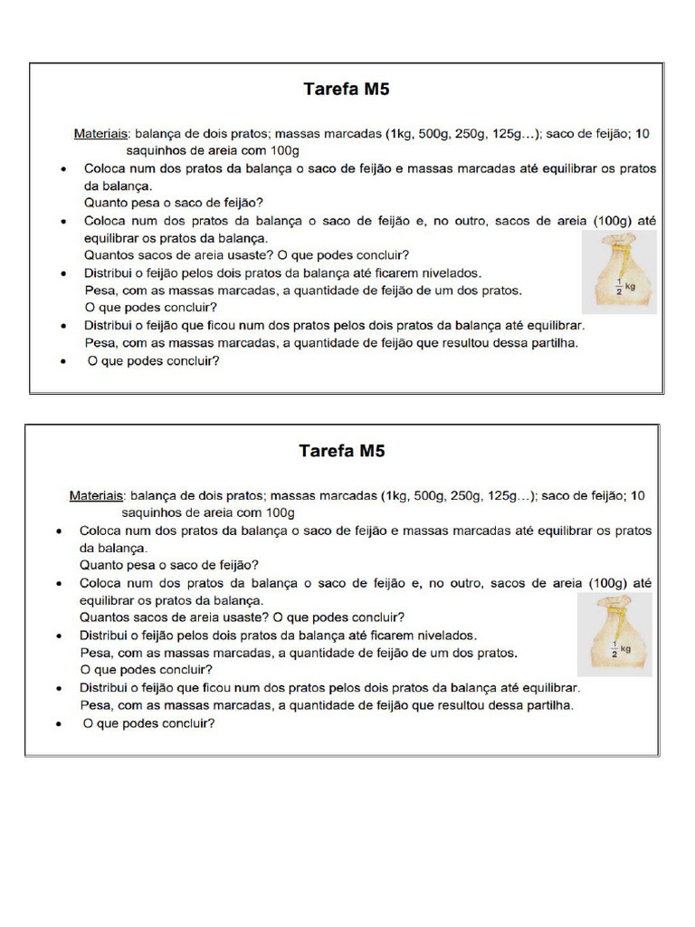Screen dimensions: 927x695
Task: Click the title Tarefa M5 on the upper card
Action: [x=346, y=90]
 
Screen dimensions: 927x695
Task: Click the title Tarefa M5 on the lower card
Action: [x=342, y=451]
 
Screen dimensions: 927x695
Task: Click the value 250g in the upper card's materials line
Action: [x=473, y=134]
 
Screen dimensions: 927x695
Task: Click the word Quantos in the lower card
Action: [x=104, y=617]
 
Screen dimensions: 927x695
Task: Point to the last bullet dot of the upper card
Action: [x=63, y=361]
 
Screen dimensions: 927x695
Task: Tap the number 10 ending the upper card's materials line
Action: [x=642, y=134]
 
